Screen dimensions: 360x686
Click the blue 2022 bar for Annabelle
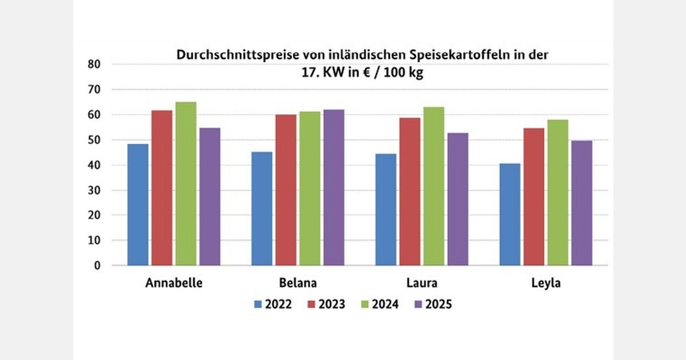138,205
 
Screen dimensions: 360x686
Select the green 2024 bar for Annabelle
186,184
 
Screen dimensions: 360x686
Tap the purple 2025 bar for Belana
334,187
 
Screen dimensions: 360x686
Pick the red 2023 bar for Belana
286,190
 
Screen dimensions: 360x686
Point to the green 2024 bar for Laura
434,186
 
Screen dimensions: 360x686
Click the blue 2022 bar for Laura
386,210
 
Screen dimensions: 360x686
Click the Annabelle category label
174,283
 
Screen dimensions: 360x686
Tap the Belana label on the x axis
298,283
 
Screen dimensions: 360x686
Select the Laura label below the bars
422,283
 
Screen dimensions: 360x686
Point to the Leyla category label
545,283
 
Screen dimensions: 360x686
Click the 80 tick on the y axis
94,65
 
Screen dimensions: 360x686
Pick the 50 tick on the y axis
94,140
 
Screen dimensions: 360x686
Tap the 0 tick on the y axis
97,266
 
